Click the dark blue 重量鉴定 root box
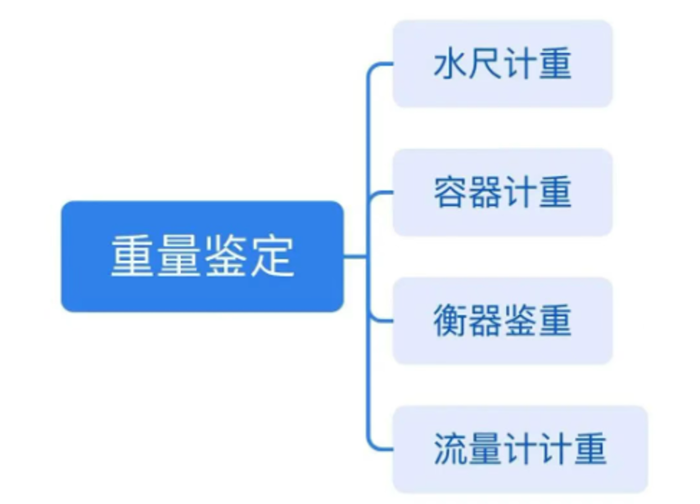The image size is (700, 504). pyautogui.click(x=201, y=256)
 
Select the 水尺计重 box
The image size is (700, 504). pyautogui.click(x=502, y=64)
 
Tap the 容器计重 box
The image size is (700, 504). pyautogui.click(x=502, y=192)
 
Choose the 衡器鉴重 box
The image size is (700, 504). pyautogui.click(x=502, y=321)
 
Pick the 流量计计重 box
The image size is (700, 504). pyautogui.click(x=519, y=449)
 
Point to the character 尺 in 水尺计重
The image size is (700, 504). pyautogui.click(x=485, y=64)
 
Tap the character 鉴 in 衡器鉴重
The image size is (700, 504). pyautogui.click(x=521, y=321)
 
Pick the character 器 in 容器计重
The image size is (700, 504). pyautogui.click(x=485, y=192)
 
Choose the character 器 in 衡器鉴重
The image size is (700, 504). pyautogui.click(x=485, y=321)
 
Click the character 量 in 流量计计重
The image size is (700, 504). pyautogui.click(x=485, y=449)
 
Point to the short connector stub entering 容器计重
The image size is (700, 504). pyautogui.click(x=383, y=193)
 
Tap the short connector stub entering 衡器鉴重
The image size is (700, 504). pyautogui.click(x=383, y=321)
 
